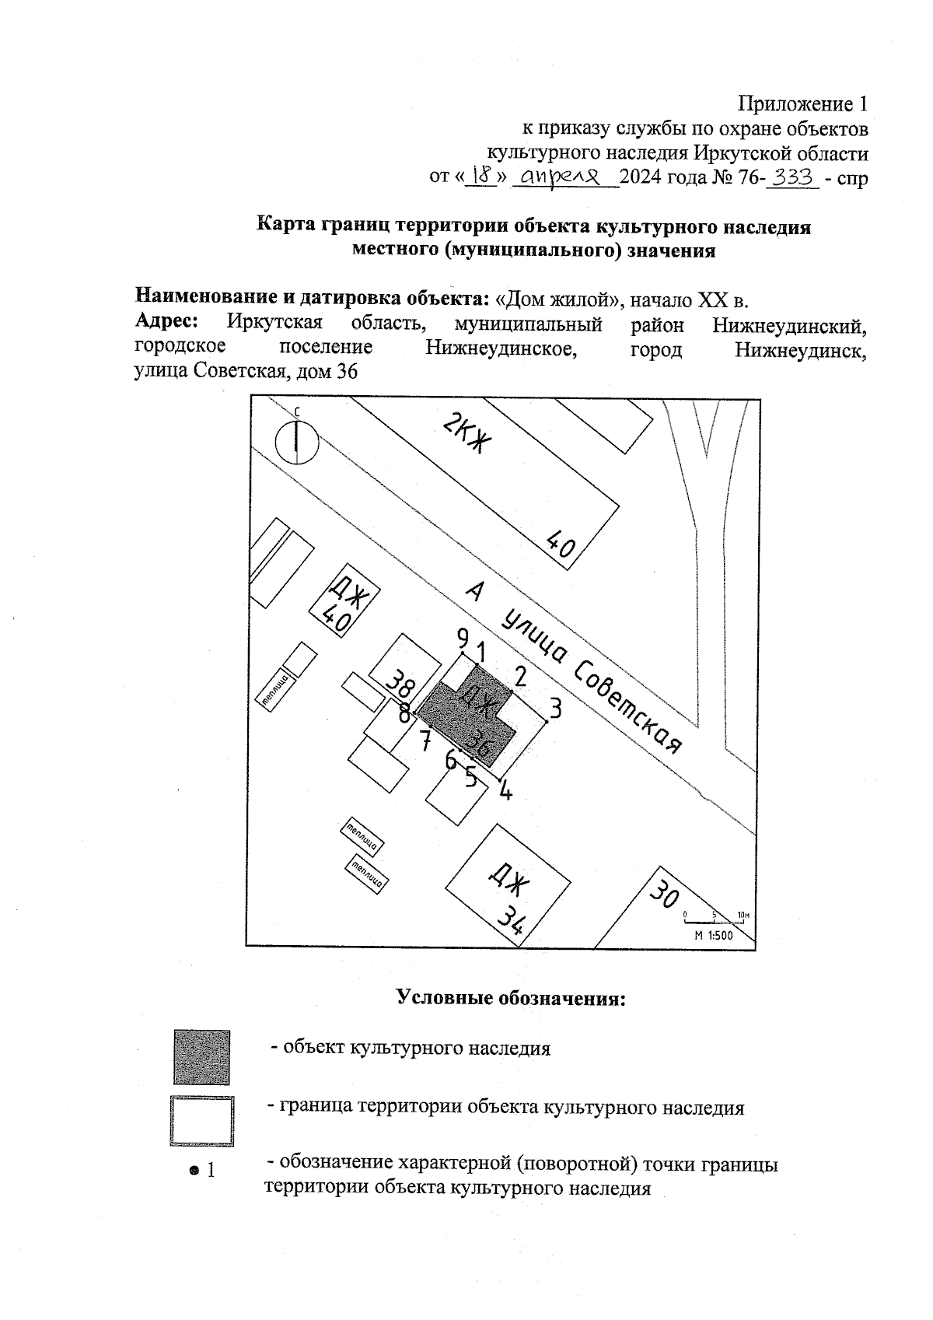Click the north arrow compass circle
(x=296, y=441)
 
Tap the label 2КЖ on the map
(x=468, y=436)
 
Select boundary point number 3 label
(x=555, y=708)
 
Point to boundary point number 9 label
(x=463, y=639)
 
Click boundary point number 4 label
(x=505, y=791)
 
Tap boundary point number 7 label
(x=425, y=741)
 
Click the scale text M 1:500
(x=714, y=936)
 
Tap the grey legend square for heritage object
(x=201, y=1057)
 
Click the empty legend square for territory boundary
(x=202, y=1121)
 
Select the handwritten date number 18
(x=484, y=177)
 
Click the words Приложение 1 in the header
(x=802, y=103)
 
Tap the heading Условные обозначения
(x=511, y=998)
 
